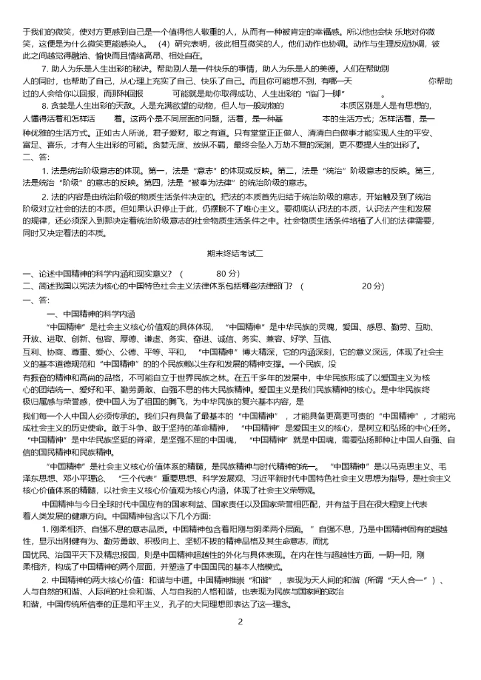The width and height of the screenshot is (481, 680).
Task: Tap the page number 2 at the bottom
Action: (x=240, y=622)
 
